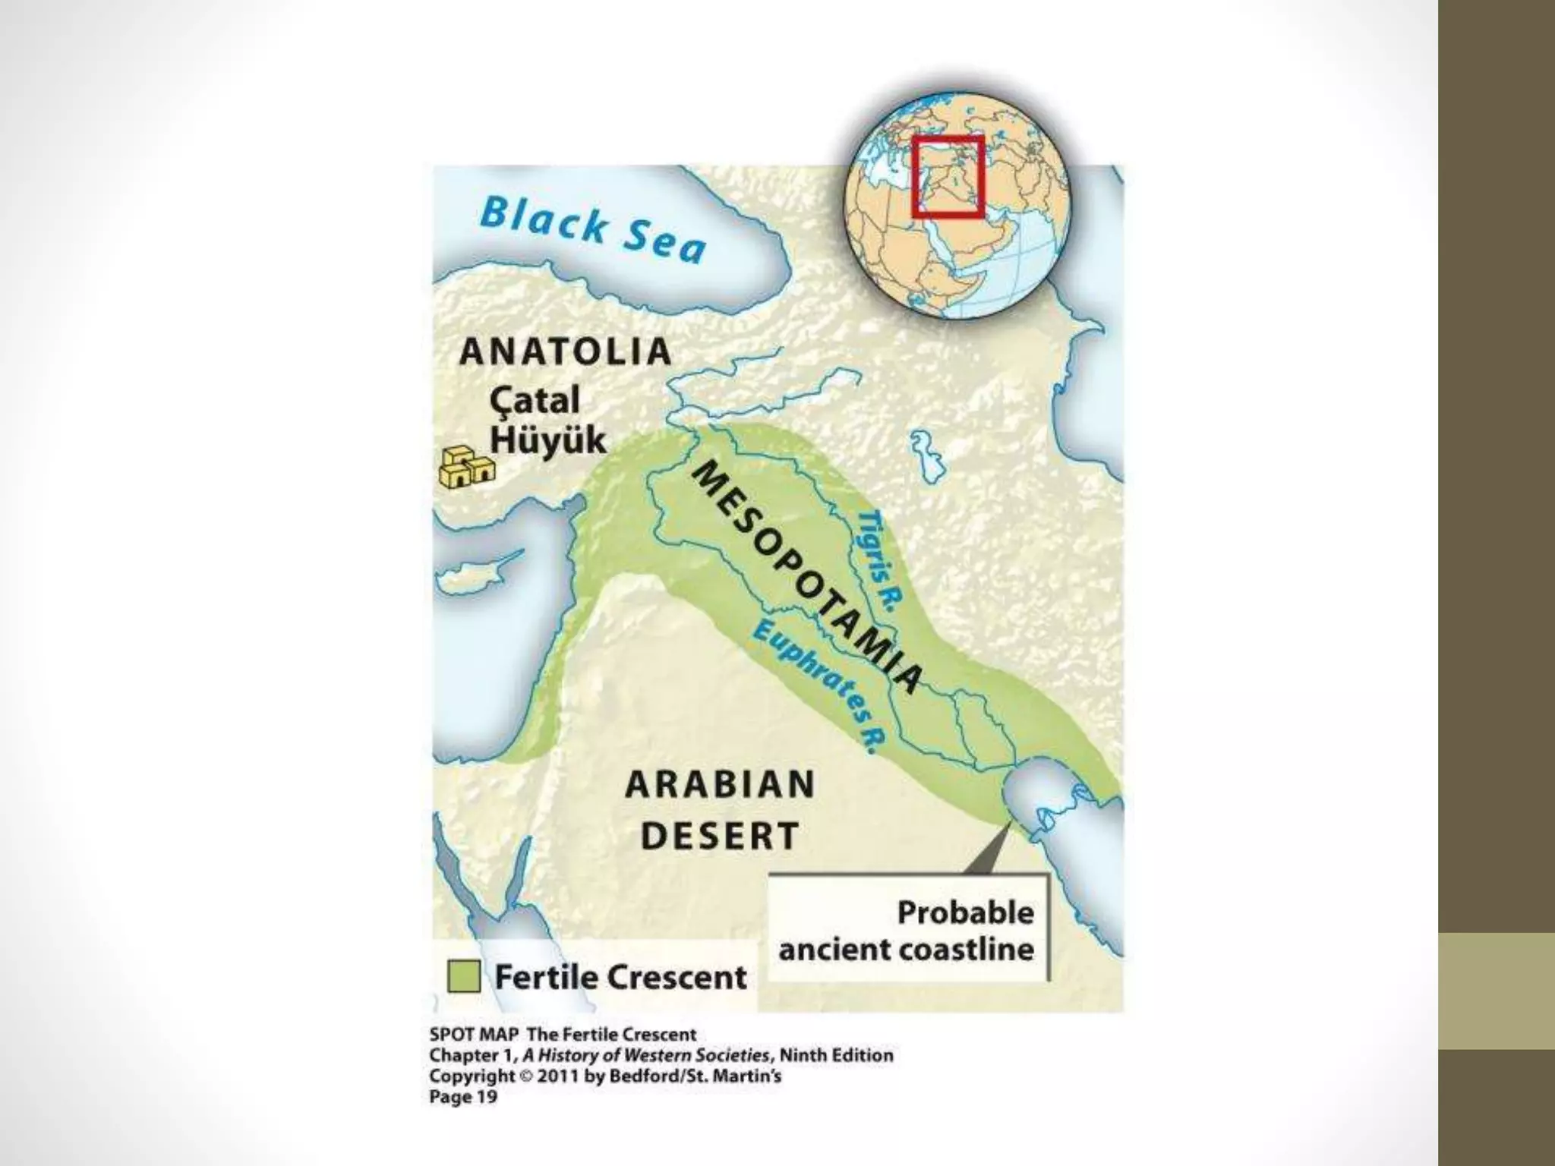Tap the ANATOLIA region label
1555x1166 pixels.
tap(566, 352)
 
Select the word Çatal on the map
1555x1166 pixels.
tap(535, 400)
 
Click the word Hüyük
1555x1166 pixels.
tap(547, 440)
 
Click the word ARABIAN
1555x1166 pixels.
tap(720, 784)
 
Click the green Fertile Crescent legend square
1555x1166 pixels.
tap(464, 976)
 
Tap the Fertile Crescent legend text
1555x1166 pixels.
tap(620, 977)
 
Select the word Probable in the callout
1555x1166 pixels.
tap(965, 912)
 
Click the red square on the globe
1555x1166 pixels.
tap(948, 176)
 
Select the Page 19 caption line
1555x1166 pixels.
tap(463, 1096)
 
